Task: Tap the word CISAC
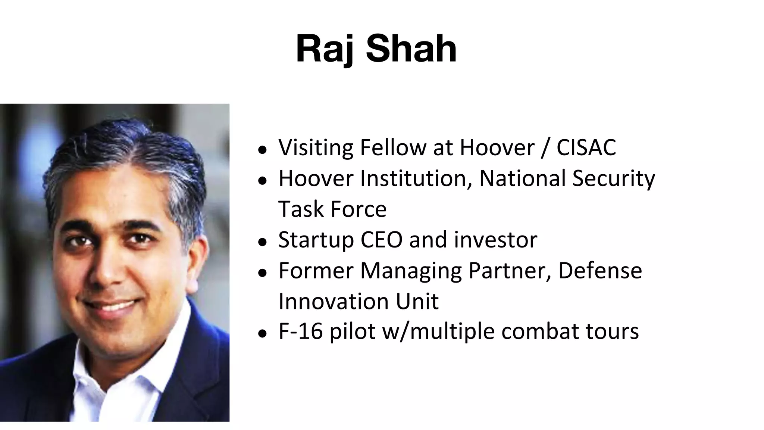586,147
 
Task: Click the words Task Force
332,209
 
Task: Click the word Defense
600,271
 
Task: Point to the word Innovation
334,301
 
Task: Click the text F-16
300,331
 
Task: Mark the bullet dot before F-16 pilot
263,333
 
